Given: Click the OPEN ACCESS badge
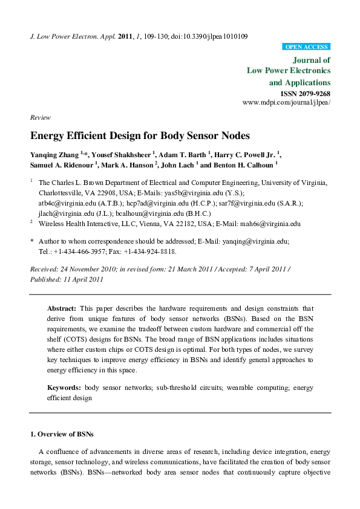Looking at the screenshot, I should coord(306,47).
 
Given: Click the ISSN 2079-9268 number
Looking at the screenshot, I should coord(306,94).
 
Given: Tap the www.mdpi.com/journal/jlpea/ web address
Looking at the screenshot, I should coord(286,103).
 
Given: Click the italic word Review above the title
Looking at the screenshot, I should coord(39,118).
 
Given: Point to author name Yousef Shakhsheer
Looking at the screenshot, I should coord(120,154).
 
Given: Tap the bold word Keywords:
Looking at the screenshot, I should coord(64,387).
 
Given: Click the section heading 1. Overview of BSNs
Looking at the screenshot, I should coord(63,434).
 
